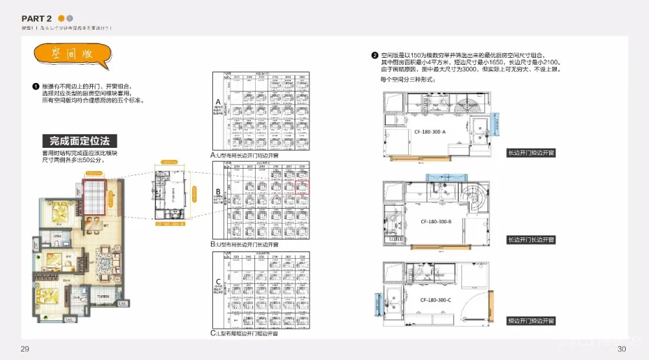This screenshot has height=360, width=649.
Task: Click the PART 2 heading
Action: pyautogui.click(x=36, y=18)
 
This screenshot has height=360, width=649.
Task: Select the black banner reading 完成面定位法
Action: pyautogui.click(x=80, y=141)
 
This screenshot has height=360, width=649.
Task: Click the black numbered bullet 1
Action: pyautogui.click(x=36, y=86)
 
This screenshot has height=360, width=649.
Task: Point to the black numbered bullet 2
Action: pyautogui.click(x=374, y=56)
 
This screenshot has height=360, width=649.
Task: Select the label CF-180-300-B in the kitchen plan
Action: pyautogui.click(x=436, y=222)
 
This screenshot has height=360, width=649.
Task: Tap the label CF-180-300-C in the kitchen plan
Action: pyautogui.click(x=436, y=300)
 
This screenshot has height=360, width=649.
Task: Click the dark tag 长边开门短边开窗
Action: pyautogui.click(x=531, y=153)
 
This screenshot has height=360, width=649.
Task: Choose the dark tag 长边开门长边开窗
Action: pyautogui.click(x=531, y=240)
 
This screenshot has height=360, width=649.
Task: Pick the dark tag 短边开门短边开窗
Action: pyautogui.click(x=531, y=321)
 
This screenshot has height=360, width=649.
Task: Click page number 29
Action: pyautogui.click(x=25, y=350)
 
